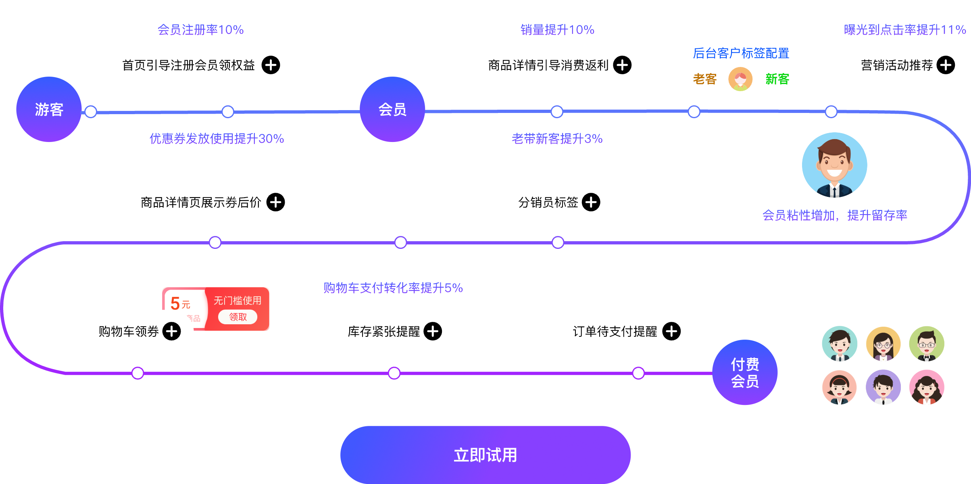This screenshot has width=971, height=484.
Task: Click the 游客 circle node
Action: (49, 109)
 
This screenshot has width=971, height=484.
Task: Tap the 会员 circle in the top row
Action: (392, 109)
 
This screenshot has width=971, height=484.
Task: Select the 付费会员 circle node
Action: (745, 372)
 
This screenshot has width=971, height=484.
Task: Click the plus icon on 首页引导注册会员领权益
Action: (271, 65)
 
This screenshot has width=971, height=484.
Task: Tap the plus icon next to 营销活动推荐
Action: (946, 65)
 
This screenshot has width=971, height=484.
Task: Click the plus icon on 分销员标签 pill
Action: (591, 202)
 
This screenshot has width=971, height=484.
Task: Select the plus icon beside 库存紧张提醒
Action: (433, 331)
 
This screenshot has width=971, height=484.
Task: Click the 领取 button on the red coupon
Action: (238, 317)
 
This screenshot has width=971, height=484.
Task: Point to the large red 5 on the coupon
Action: (175, 303)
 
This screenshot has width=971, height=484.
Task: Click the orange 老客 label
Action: (704, 79)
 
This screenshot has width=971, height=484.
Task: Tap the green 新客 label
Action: (777, 79)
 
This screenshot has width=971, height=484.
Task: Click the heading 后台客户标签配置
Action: (741, 53)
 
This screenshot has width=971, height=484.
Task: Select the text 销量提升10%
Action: (557, 29)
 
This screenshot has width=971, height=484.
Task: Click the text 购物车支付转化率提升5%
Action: (393, 288)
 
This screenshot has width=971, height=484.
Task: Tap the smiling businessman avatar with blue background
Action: (834, 165)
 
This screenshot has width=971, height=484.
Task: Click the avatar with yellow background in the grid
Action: (883, 344)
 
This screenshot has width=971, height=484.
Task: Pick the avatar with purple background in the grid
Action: (883, 387)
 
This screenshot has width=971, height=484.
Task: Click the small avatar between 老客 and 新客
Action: (740, 79)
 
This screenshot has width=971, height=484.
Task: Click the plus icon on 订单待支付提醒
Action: (671, 331)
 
